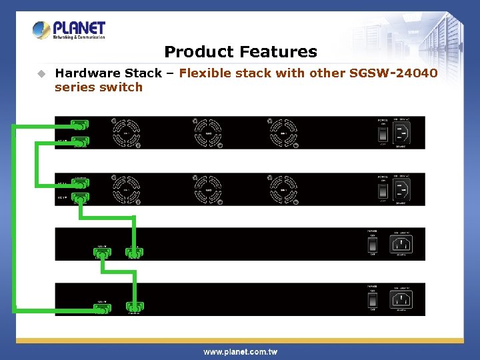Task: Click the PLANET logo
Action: pos(69,30)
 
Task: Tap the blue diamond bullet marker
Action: pos(41,73)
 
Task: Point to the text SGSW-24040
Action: pos(394,73)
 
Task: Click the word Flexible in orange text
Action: pos(203,73)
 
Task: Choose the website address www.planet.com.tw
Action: pos(240,351)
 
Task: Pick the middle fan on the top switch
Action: pos(208,133)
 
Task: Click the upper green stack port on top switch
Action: pos(80,125)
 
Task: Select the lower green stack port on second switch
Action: pos(80,198)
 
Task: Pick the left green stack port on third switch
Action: pos(101,253)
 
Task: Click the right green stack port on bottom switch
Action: pos(135,307)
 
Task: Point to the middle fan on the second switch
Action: pos(208,190)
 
